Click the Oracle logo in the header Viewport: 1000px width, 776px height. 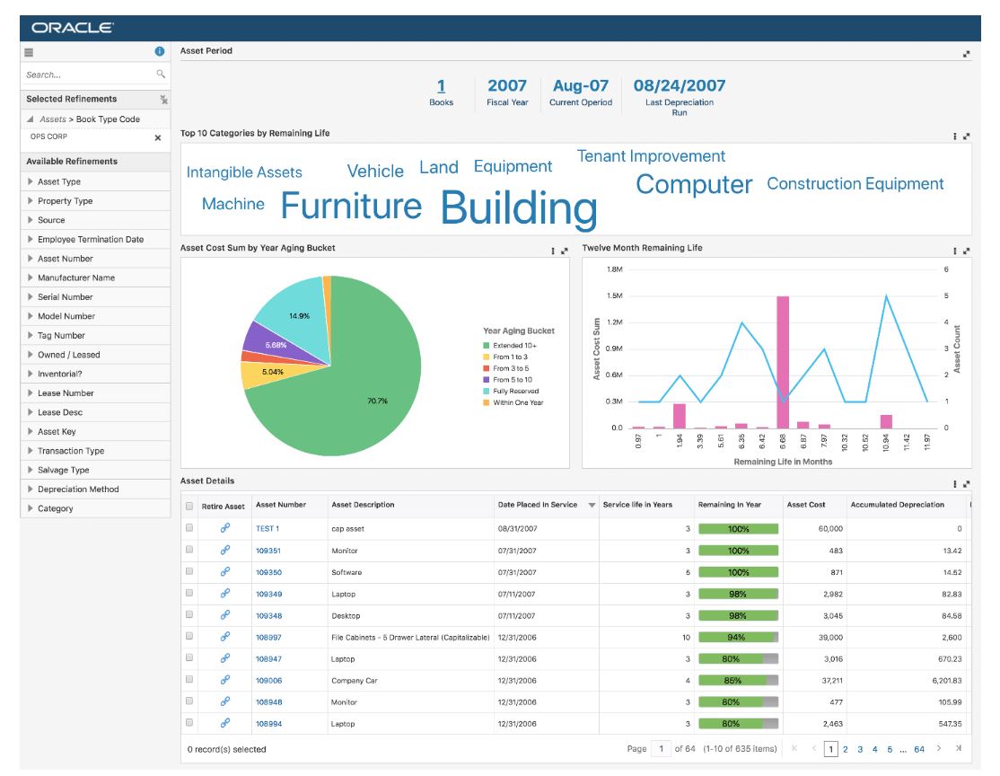(x=72, y=28)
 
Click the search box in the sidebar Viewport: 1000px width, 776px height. (x=88, y=75)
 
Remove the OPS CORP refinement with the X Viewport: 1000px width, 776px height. (x=158, y=138)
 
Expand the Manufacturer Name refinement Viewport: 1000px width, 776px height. (x=76, y=278)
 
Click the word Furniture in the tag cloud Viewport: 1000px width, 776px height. (x=351, y=206)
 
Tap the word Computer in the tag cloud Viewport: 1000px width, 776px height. (x=694, y=184)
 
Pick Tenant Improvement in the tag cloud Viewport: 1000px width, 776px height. (x=651, y=156)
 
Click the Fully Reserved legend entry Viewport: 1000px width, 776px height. (x=516, y=392)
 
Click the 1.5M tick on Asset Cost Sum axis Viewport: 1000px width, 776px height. (x=615, y=295)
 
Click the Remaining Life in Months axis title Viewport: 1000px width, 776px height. (x=782, y=462)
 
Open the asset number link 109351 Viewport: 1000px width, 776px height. (x=268, y=551)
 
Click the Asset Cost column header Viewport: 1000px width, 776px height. (x=806, y=505)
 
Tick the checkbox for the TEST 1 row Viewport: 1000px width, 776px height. (x=189, y=529)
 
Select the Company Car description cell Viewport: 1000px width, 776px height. (x=355, y=681)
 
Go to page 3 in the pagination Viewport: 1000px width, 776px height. (x=860, y=749)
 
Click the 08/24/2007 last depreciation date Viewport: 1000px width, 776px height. (x=679, y=86)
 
